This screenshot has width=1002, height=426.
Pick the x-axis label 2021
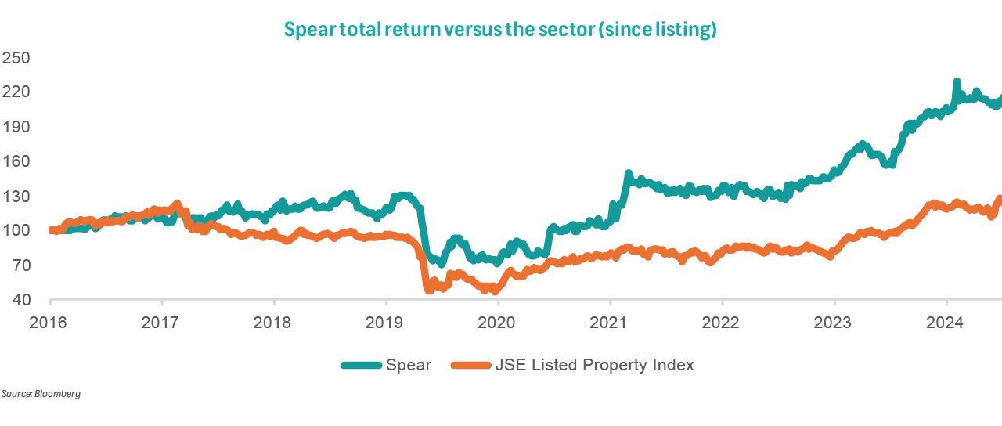[610, 323]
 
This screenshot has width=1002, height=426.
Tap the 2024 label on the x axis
[946, 323]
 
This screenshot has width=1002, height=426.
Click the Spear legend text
[408, 365]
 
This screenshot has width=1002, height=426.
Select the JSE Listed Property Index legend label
[593, 365]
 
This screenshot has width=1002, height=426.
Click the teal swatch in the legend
[361, 365]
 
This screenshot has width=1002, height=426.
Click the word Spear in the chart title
[307, 31]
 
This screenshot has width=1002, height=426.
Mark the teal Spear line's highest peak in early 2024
[957, 81]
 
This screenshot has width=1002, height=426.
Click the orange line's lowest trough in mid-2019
[429, 290]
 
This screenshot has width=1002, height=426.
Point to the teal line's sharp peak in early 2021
[628, 173]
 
